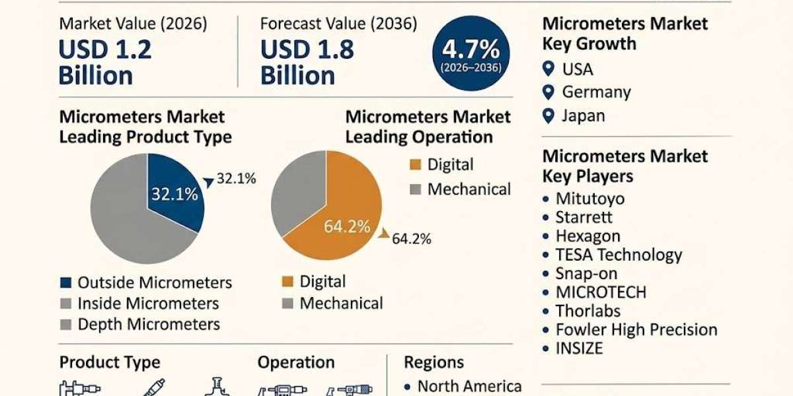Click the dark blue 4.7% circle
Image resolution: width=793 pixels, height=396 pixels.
tap(471, 53)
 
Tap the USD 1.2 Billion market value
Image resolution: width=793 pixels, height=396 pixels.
tap(105, 62)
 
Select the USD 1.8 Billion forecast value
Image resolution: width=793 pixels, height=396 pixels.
tap(307, 62)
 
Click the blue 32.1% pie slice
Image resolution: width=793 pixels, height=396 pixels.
tap(175, 193)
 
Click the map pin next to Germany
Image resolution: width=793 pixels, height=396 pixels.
tap(548, 92)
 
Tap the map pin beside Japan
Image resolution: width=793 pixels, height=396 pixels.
tap(548, 116)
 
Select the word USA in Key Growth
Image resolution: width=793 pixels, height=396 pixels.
tap(578, 69)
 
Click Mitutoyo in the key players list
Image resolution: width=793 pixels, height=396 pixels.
tap(590, 199)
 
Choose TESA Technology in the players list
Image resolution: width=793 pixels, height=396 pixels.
tap(619, 255)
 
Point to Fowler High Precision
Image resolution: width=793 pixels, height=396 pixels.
tap(636, 329)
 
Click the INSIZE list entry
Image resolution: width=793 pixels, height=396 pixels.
tap(579, 348)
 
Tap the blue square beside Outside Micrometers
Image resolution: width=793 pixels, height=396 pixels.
tap(66, 282)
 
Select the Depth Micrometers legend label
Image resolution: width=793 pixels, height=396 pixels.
tap(149, 324)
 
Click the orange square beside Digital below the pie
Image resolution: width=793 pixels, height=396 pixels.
tap(287, 281)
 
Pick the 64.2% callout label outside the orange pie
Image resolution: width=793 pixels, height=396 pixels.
tap(411, 239)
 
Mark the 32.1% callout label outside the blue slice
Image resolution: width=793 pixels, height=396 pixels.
tap(236, 179)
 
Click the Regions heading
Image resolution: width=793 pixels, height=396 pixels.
tap(434, 362)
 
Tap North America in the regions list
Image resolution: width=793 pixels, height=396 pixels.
tap(469, 386)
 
